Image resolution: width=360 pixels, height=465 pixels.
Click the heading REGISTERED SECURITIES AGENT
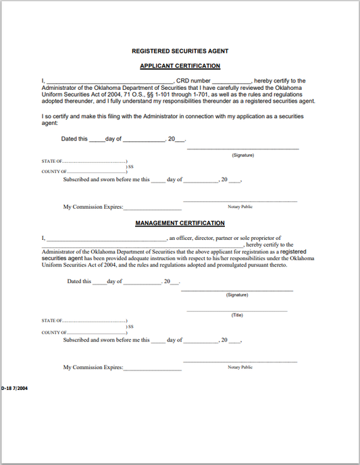click(x=180, y=51)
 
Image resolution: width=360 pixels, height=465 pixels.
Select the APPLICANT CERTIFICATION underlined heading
click(x=180, y=66)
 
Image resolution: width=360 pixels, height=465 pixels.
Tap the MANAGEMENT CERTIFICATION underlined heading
click(x=180, y=223)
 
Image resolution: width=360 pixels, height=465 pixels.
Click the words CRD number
click(x=192, y=80)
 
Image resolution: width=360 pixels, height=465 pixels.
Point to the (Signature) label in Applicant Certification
click(x=242, y=155)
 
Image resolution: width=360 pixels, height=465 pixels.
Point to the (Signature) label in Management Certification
click(x=237, y=295)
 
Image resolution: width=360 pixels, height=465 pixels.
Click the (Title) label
click(x=237, y=315)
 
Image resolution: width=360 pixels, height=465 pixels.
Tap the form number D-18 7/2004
click(x=14, y=389)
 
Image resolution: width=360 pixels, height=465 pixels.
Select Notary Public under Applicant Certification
click(x=240, y=206)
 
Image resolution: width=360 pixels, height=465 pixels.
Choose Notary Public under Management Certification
click(x=240, y=367)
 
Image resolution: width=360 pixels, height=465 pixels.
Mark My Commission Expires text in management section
click(x=93, y=368)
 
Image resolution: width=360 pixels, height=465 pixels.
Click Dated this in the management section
click(x=79, y=281)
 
